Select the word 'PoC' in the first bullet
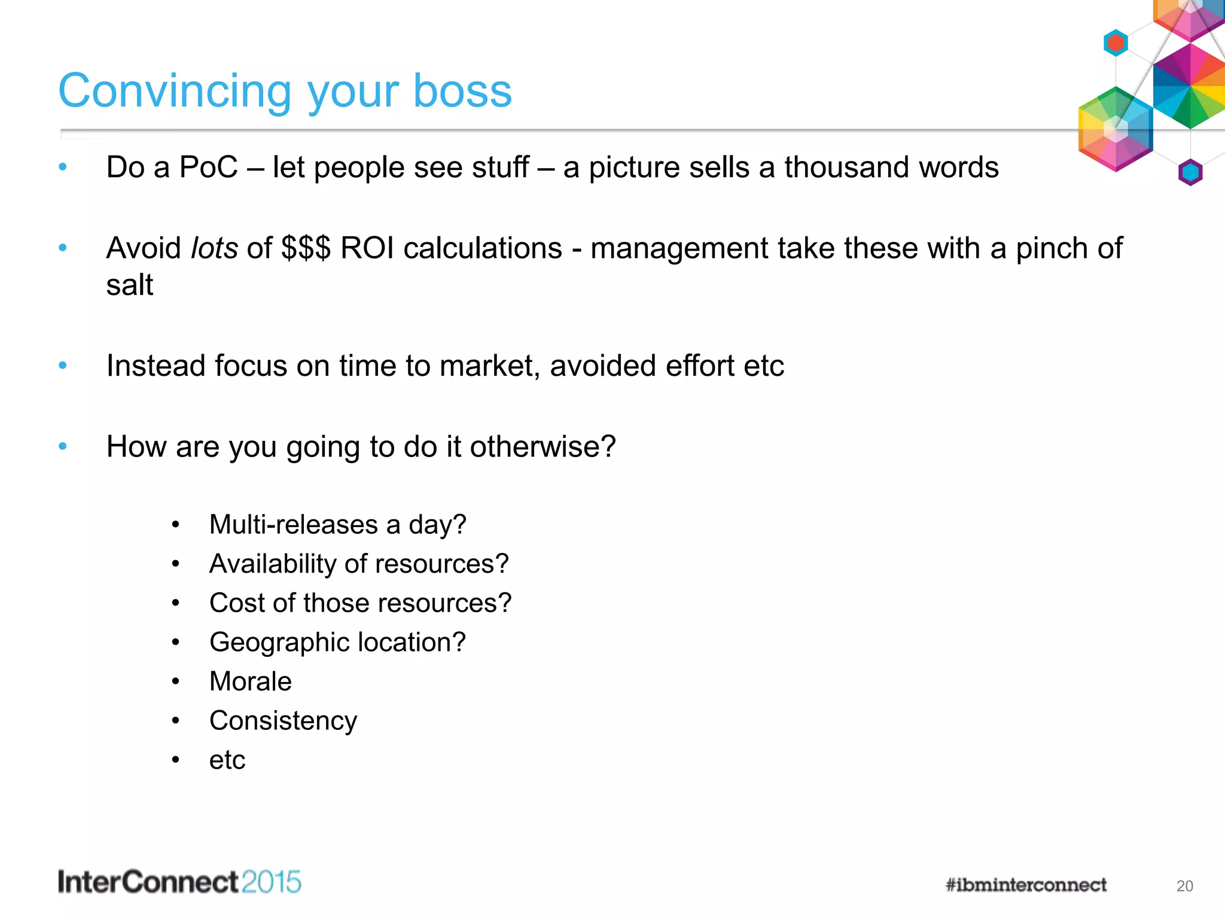(x=208, y=168)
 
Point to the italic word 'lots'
(x=214, y=248)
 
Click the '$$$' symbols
(x=306, y=248)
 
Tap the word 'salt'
(x=130, y=285)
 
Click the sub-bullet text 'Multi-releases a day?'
(x=337, y=525)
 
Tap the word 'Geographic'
(x=279, y=643)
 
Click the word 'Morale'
(x=251, y=681)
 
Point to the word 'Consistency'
(x=283, y=721)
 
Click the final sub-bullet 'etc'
(x=227, y=760)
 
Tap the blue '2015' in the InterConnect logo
(x=271, y=883)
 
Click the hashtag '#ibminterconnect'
(x=1026, y=885)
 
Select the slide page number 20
(x=1184, y=886)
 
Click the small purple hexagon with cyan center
(x=1190, y=172)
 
